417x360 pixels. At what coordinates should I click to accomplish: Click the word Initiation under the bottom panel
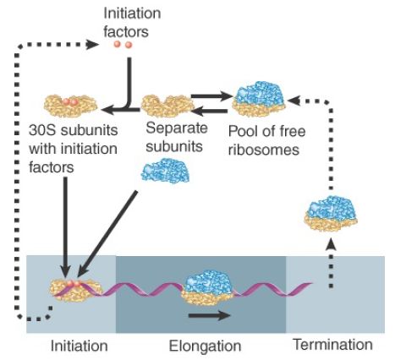point(79,346)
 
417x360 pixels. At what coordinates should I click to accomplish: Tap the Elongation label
point(205,346)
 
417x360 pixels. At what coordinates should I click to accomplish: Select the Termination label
point(333,344)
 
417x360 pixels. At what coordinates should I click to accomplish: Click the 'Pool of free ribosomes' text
point(266,140)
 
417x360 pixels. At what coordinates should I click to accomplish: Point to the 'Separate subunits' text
point(177,137)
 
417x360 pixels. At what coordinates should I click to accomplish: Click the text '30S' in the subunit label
point(42,130)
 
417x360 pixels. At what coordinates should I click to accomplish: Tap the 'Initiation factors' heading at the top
point(132,22)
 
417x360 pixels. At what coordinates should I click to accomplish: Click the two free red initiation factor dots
point(123,45)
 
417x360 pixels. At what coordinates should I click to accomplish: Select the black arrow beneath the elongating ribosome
point(210,315)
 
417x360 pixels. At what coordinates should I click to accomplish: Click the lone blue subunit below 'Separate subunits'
point(165,171)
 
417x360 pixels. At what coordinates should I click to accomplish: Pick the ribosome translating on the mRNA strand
point(207,287)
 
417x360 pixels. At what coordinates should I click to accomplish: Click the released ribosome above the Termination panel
point(331,213)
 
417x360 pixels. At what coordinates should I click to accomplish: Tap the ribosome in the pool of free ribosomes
point(259,99)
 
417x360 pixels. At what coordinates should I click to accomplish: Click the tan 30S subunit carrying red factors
point(70,106)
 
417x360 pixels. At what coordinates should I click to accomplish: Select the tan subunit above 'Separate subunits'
point(167,106)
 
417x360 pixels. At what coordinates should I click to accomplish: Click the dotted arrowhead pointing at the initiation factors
point(92,45)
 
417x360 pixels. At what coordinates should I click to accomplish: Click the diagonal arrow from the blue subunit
point(107,234)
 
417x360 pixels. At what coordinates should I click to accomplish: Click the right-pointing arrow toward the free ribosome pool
point(211,96)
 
